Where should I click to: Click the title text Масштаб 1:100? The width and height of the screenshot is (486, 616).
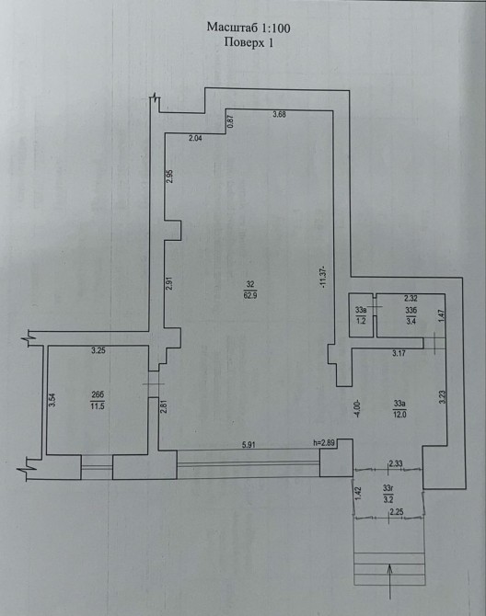(249, 28)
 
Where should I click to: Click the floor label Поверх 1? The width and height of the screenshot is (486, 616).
(249, 42)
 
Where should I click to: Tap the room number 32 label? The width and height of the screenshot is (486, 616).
(250, 284)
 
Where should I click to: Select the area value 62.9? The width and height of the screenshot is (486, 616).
(250, 295)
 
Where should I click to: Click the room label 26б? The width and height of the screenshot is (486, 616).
(98, 394)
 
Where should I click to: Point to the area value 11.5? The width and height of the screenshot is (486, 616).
(98, 406)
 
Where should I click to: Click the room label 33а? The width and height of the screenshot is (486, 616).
(399, 403)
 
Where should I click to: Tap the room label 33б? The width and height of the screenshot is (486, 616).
(411, 310)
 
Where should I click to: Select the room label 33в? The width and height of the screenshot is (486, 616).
(361, 310)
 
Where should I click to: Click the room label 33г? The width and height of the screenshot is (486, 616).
(388, 488)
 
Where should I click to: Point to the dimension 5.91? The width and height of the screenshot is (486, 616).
(249, 445)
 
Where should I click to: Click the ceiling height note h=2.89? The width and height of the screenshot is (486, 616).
(324, 443)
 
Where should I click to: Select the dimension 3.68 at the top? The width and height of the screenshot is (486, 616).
(279, 115)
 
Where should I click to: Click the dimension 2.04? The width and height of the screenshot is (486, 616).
(195, 138)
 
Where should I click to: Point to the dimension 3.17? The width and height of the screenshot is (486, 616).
(399, 353)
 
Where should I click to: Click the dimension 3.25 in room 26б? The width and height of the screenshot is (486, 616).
(98, 351)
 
